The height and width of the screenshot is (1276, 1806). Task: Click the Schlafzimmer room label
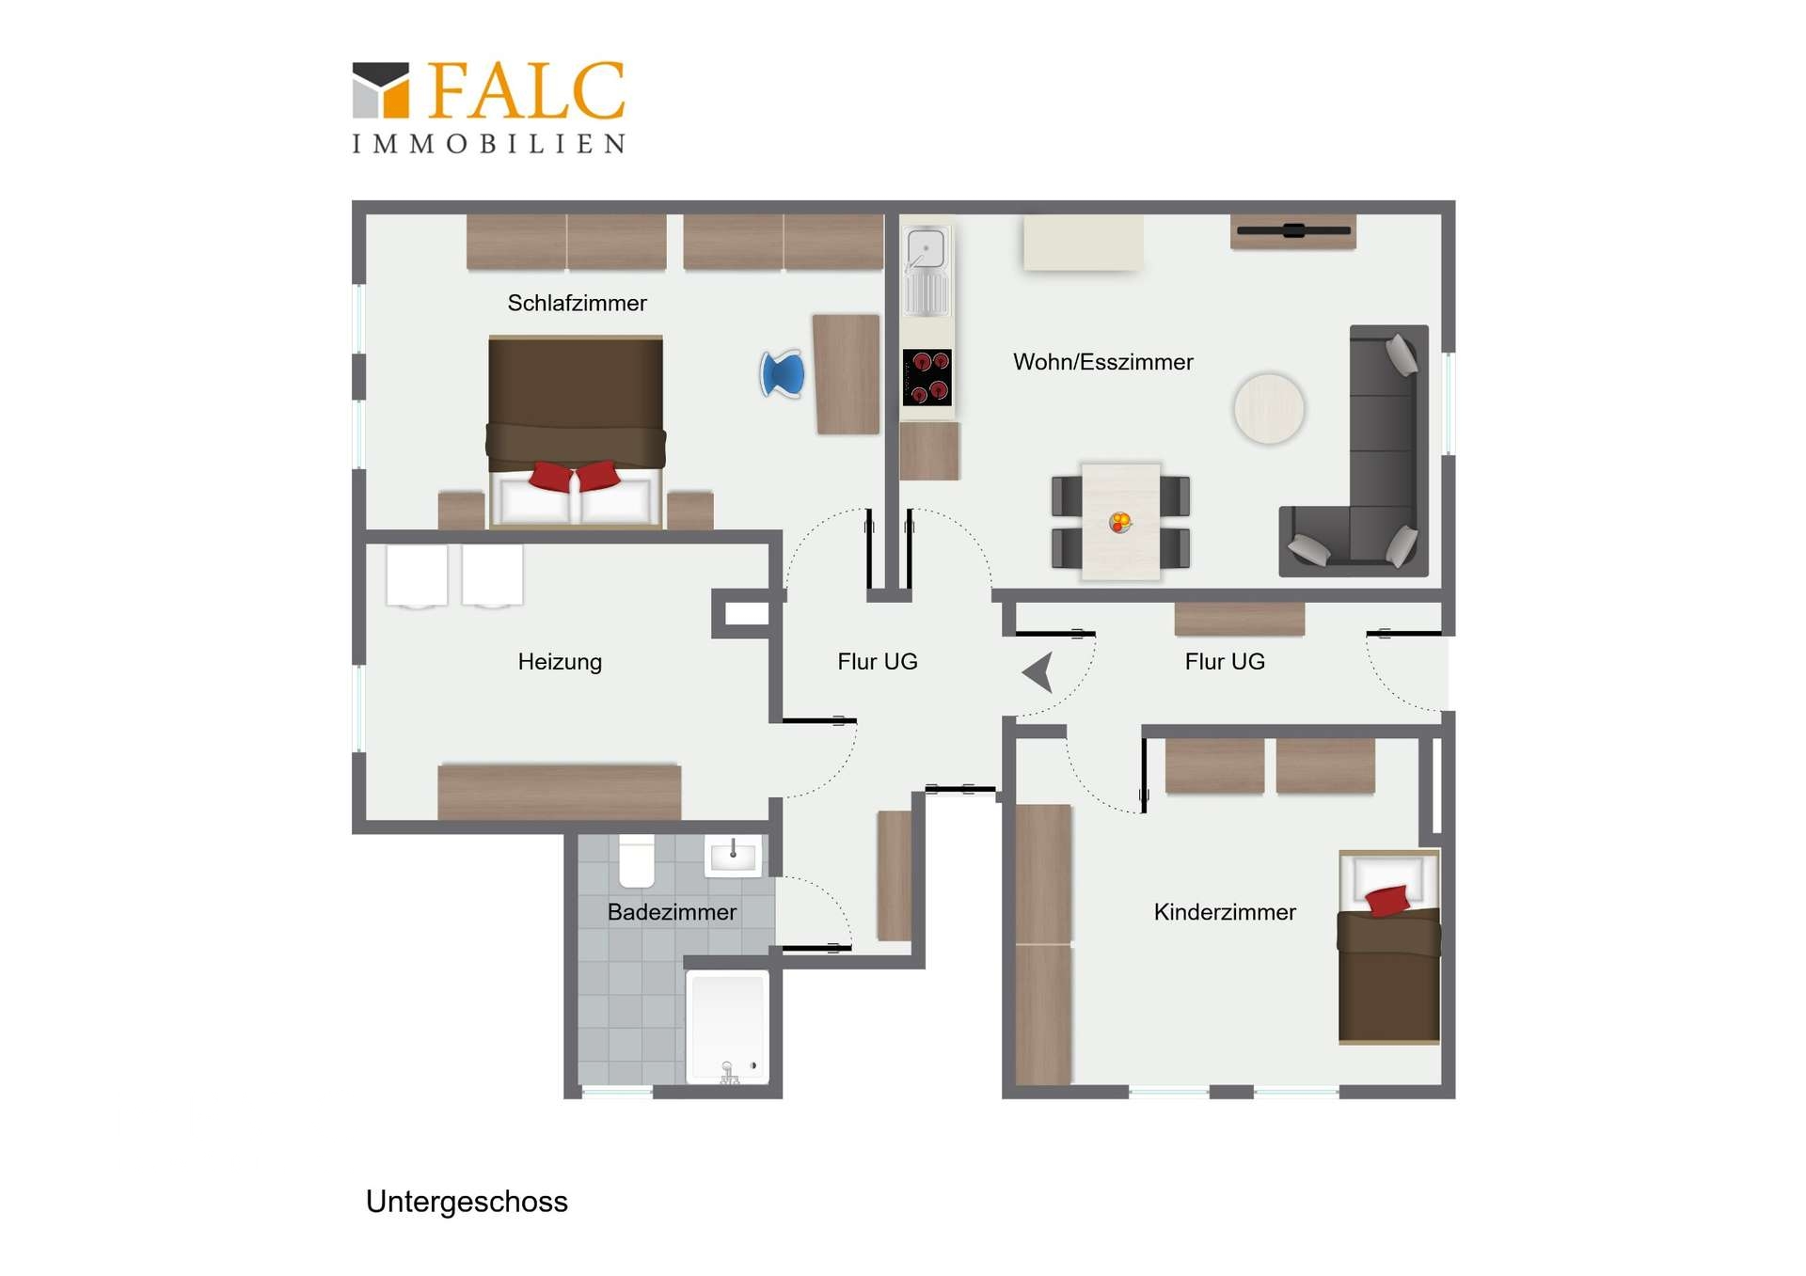click(x=577, y=303)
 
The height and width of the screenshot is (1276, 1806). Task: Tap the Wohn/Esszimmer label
click(x=1102, y=362)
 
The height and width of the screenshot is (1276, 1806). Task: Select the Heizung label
click(x=560, y=662)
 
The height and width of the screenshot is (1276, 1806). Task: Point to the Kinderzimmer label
click(x=1224, y=912)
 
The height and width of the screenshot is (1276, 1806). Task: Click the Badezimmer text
click(x=672, y=912)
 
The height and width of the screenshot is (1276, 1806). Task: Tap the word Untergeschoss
click(x=467, y=1202)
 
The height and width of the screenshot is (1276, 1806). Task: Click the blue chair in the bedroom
click(x=784, y=373)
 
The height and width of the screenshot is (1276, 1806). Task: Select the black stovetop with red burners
click(x=927, y=377)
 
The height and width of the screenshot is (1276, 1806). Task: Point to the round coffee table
click(x=1269, y=409)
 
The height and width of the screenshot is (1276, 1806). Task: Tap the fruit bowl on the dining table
click(x=1119, y=522)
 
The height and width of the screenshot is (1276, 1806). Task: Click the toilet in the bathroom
click(x=637, y=860)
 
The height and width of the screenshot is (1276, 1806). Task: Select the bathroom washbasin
click(x=733, y=856)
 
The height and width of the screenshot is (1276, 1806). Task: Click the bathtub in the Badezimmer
click(x=728, y=1028)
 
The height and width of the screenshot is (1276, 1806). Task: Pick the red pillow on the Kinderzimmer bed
click(x=1386, y=901)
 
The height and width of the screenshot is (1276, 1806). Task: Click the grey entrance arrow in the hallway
click(x=1038, y=672)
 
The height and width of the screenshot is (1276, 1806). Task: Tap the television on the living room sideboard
click(x=1293, y=230)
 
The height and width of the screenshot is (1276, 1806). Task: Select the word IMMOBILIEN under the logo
click(x=489, y=144)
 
